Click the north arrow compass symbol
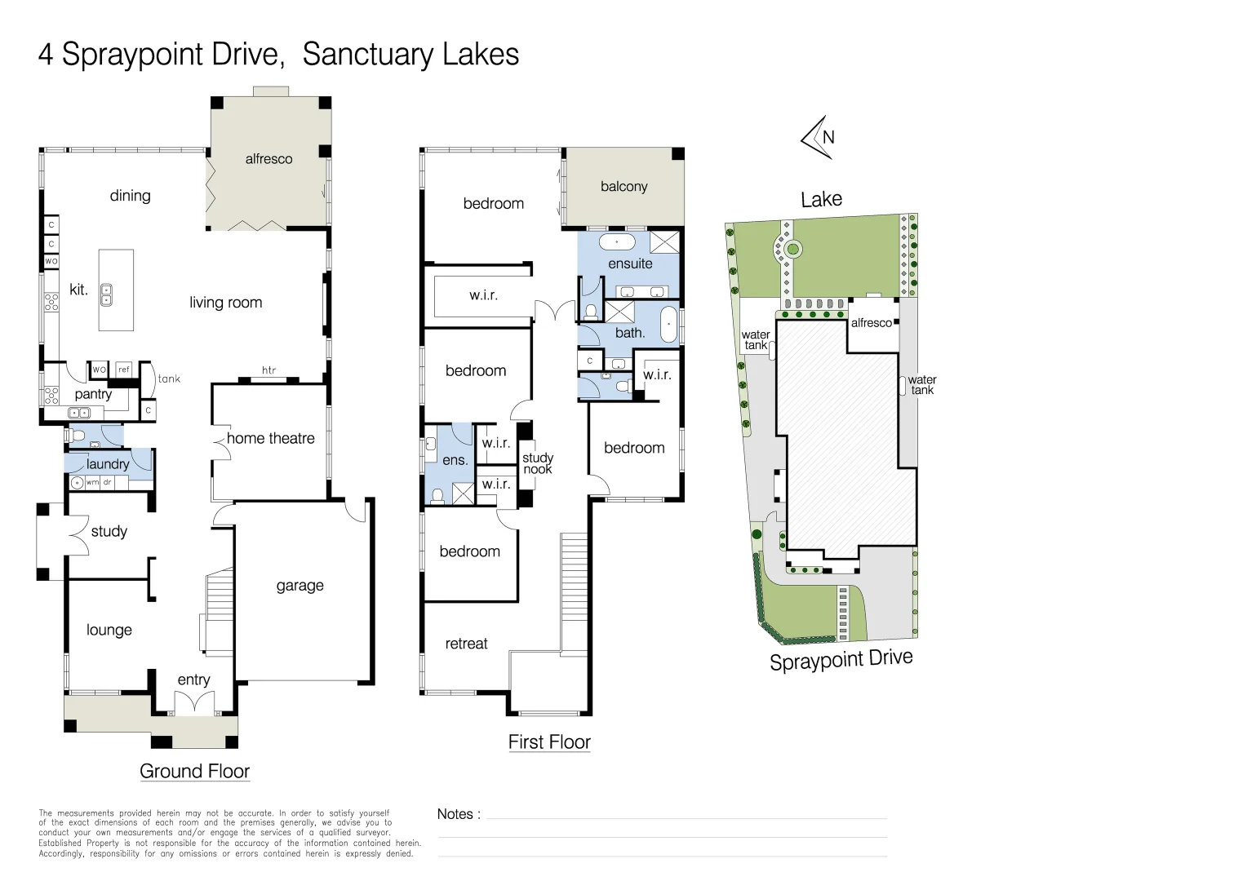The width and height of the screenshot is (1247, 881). click(x=819, y=137)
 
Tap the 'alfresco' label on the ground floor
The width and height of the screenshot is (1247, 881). click(x=268, y=159)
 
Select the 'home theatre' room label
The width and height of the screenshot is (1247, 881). click(x=270, y=439)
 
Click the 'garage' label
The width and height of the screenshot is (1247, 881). click(x=300, y=586)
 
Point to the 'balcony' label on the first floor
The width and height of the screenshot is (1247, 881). click(x=623, y=187)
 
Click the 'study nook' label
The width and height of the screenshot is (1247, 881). click(x=538, y=463)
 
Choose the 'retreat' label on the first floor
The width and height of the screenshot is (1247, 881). click(x=466, y=644)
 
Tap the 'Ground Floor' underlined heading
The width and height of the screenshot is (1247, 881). click(x=194, y=771)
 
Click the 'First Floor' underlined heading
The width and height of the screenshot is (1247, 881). click(x=549, y=742)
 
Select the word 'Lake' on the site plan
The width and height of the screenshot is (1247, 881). click(x=821, y=200)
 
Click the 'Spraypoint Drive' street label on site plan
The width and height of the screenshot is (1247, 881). click(x=841, y=660)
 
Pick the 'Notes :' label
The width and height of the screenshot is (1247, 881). click(x=459, y=814)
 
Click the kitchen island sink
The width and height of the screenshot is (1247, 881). click(x=106, y=295)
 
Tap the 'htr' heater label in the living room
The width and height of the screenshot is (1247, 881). click(x=268, y=370)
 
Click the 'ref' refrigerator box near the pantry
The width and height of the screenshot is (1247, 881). click(x=124, y=370)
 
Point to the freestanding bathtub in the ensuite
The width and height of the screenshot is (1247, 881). click(x=617, y=242)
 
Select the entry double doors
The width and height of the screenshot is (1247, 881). click(x=194, y=703)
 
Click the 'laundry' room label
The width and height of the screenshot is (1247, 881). click(x=108, y=464)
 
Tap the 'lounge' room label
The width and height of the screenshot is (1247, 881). click(x=109, y=630)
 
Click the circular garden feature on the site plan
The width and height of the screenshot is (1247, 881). click(x=792, y=248)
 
